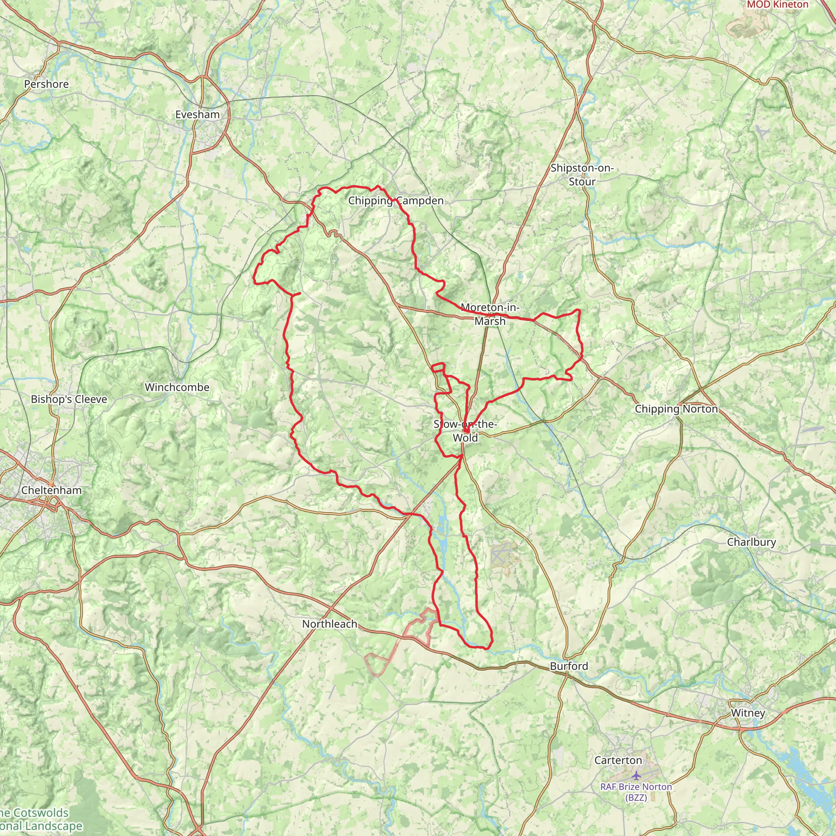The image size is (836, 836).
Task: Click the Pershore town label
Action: [46, 84]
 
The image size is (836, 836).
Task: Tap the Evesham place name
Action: [197, 115]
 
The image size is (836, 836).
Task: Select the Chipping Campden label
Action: [396, 201]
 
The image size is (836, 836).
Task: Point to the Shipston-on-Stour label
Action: [582, 175]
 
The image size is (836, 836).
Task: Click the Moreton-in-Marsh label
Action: [490, 314]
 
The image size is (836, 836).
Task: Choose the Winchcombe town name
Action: [177, 387]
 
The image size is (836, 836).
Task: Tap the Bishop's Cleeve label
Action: [69, 399]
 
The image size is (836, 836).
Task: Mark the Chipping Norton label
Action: [676, 409]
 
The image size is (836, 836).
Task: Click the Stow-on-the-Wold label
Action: [465, 431]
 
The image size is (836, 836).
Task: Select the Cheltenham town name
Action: [51, 490]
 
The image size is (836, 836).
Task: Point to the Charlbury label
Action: [752, 542]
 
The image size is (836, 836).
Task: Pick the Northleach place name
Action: [330, 624]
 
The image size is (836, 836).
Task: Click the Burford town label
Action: [569, 666]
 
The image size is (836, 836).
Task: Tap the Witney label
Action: [748, 713]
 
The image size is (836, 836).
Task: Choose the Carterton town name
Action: [618, 760]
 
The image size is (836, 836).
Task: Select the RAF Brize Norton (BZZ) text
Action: [636, 792]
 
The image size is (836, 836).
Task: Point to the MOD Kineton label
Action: [778, 4]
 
